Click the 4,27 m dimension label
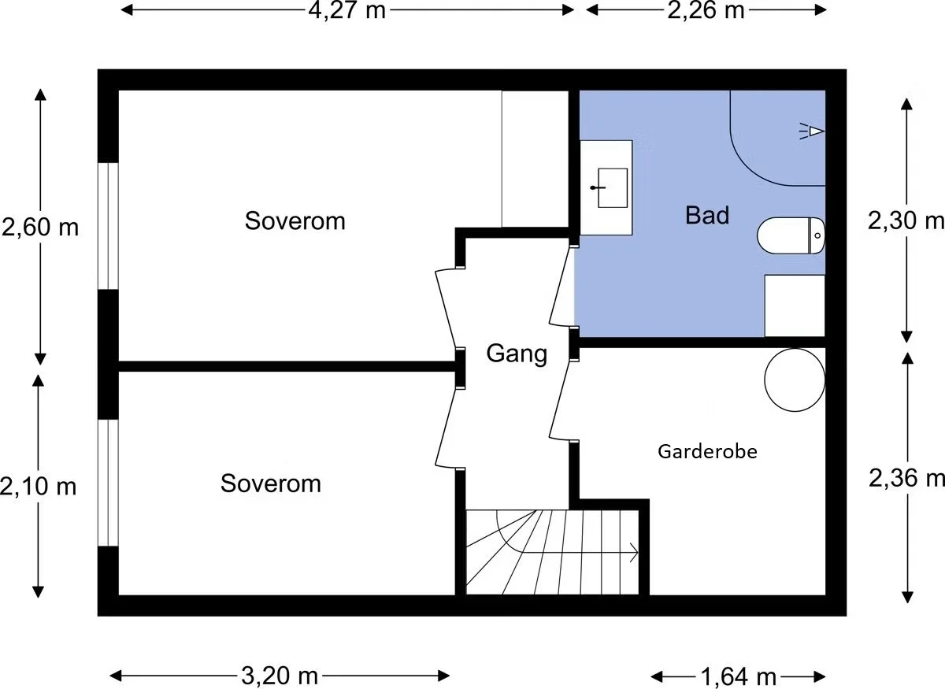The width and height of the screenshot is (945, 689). (346, 10)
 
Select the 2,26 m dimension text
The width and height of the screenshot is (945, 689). (706, 10)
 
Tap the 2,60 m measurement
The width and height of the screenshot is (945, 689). (40, 228)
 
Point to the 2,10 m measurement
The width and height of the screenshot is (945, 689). (38, 486)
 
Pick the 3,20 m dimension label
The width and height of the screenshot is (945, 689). (280, 676)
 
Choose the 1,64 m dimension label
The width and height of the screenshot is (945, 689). (739, 677)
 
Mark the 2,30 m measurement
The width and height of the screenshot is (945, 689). (906, 220)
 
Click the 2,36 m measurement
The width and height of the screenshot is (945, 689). (906, 478)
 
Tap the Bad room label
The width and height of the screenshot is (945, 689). (707, 215)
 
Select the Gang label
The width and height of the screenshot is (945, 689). (517, 354)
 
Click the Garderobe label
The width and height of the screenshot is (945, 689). (707, 452)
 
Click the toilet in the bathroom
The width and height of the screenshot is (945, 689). (791, 236)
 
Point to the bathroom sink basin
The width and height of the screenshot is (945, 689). (612, 187)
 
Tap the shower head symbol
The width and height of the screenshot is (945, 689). (812, 132)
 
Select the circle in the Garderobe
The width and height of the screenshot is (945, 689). (795, 380)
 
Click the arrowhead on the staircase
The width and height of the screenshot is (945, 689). (634, 553)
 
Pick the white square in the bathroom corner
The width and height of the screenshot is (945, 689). (795, 306)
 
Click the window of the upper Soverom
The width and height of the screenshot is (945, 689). (108, 226)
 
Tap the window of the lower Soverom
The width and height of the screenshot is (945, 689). (108, 483)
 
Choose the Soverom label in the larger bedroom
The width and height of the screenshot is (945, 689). (295, 220)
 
